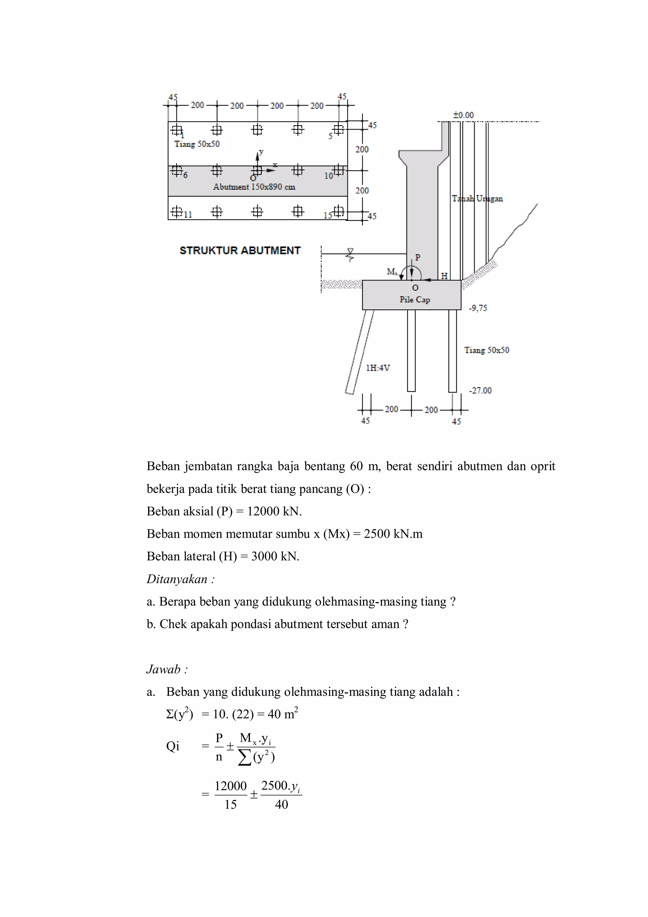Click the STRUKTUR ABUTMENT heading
(240, 250)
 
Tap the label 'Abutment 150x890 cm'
(254, 187)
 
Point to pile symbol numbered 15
(339, 211)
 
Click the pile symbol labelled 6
(176, 171)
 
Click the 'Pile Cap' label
(414, 299)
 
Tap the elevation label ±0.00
(463, 115)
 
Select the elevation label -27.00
(480, 390)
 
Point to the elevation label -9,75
(478, 308)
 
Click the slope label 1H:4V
(378, 368)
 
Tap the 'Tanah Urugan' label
(477, 198)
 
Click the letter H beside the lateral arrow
(444, 276)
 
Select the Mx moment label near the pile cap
(392, 272)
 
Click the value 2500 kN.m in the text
(393, 534)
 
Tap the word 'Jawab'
(163, 669)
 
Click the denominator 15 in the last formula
(230, 804)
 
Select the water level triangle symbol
(350, 252)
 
